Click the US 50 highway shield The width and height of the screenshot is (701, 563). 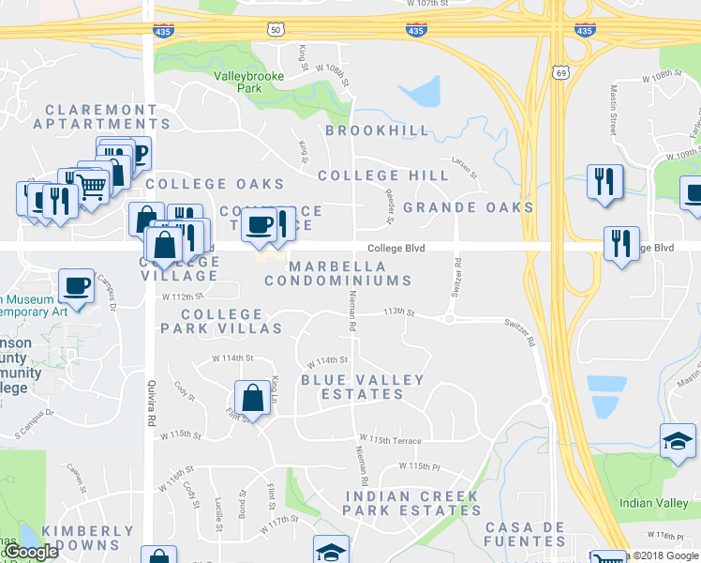tap(275, 30)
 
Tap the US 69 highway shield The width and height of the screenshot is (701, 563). tap(560, 71)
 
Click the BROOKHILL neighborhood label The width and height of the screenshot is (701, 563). tap(378, 130)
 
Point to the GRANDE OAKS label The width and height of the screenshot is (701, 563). tap(469, 207)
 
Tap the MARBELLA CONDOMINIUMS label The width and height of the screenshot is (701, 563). tap(337, 273)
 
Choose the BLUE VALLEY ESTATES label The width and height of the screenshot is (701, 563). tap(362, 387)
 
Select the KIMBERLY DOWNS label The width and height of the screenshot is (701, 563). tap(88, 538)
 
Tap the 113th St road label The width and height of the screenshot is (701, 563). tap(398, 312)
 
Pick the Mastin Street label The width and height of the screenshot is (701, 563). tap(614, 111)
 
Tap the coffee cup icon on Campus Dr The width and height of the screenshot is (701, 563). tap(76, 284)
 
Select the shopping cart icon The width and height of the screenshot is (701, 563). tap(91, 186)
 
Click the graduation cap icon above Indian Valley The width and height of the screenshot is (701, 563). tap(678, 439)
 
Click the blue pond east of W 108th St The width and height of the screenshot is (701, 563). tap(421, 92)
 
